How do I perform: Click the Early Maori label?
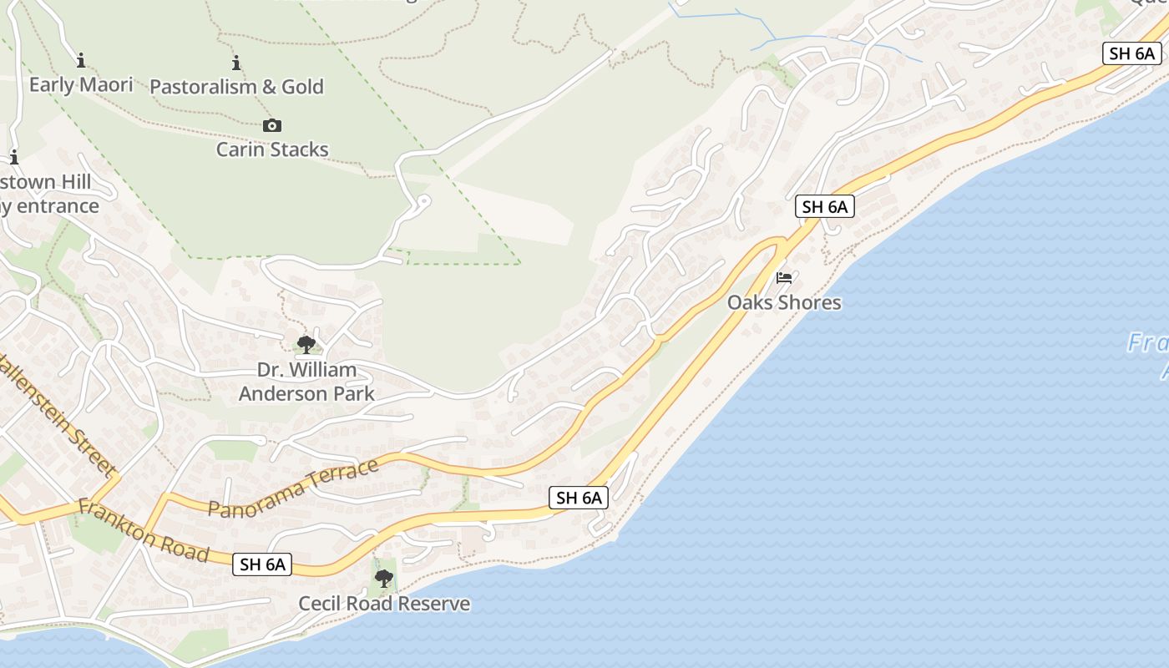(x=81, y=84)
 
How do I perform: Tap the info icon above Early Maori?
(x=81, y=60)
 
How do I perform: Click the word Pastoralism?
(x=204, y=87)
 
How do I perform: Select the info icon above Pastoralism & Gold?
(x=236, y=63)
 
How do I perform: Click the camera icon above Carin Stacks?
(x=272, y=126)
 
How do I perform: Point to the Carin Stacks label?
(x=272, y=149)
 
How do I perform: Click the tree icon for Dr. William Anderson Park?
(x=306, y=344)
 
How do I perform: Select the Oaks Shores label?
(x=784, y=302)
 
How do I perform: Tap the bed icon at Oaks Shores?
(x=784, y=277)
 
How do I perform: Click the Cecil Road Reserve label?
(x=384, y=604)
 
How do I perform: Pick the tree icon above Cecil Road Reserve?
(x=384, y=578)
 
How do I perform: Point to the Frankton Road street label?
(x=143, y=530)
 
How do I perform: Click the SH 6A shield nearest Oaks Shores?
(x=825, y=207)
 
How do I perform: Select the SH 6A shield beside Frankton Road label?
(x=263, y=564)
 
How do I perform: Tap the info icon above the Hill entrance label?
(x=13, y=157)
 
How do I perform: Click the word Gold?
(x=302, y=87)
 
